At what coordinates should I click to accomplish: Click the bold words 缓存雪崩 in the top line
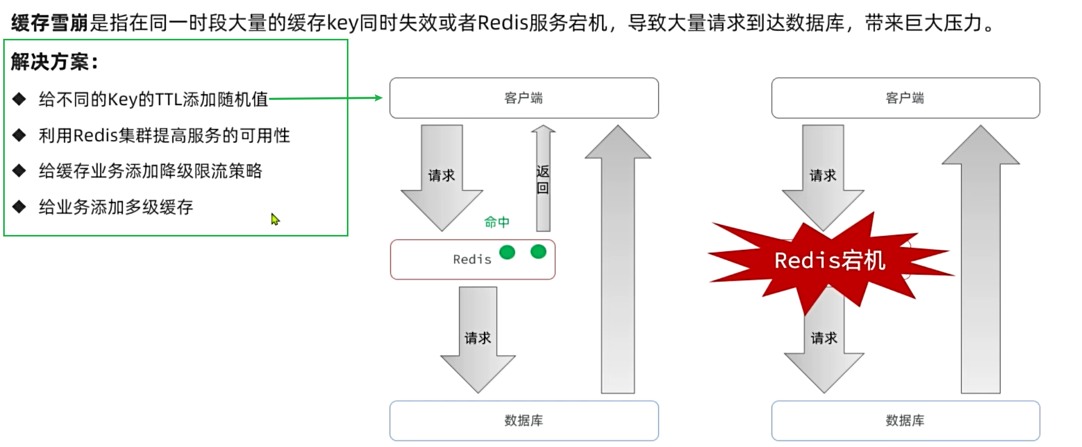pyautogui.click(x=49, y=23)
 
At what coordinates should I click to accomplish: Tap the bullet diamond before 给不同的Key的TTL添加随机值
pyautogui.click(x=20, y=99)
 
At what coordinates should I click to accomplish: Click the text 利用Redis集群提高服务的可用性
pyautogui.click(x=164, y=136)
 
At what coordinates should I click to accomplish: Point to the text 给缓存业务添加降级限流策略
pyautogui.click(x=150, y=171)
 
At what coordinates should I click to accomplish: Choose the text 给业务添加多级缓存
pyautogui.click(x=116, y=207)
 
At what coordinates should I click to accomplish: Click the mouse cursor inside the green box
pyautogui.click(x=275, y=218)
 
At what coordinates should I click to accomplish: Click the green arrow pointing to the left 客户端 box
pyautogui.click(x=325, y=98)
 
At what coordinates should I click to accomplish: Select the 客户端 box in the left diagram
pyautogui.click(x=524, y=98)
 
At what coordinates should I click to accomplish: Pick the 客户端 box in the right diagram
pyautogui.click(x=905, y=98)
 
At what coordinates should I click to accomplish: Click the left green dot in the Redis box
pyautogui.click(x=507, y=252)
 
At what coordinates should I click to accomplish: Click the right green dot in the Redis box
pyautogui.click(x=538, y=251)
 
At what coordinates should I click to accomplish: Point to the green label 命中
pyautogui.click(x=497, y=222)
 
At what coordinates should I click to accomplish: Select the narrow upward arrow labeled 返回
pyautogui.click(x=543, y=179)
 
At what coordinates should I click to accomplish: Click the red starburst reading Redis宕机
pyautogui.click(x=830, y=260)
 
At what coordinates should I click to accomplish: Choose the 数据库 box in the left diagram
pyautogui.click(x=524, y=420)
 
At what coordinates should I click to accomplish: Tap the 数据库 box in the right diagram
pyautogui.click(x=905, y=420)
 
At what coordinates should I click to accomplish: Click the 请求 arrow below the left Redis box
pyautogui.click(x=478, y=339)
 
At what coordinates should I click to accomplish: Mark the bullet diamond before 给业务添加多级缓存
pyautogui.click(x=20, y=207)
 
